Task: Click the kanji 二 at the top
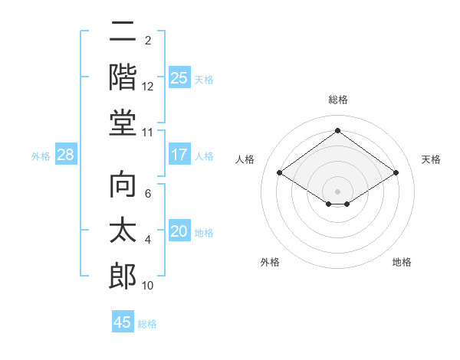pos(123,33)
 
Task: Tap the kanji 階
pos(123,77)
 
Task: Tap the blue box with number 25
pos(179,77)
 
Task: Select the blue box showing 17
pos(179,155)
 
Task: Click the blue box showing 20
pos(179,231)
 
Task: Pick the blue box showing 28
pos(66,155)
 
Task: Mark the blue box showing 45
pos(123,322)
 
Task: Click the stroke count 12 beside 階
pos(148,87)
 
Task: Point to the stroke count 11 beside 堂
pos(148,133)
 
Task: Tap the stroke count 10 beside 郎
pos(148,286)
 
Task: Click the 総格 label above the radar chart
pos(338,100)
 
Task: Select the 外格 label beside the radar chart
pos(270,262)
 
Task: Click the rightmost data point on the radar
pos(396,173)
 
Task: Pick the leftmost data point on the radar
pos(280,173)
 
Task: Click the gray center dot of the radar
pos(338,190)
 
